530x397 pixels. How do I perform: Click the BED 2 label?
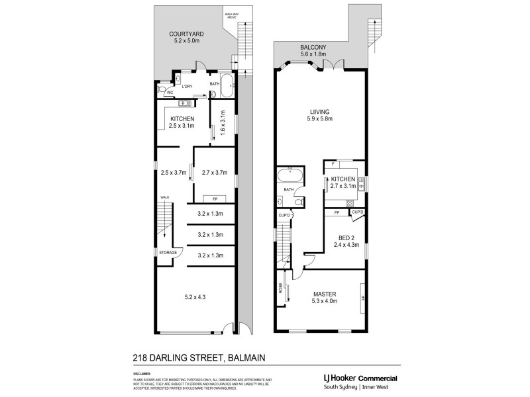[x=344, y=237]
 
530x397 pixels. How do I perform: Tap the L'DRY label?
[x=187, y=87]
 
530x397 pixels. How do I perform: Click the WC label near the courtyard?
[x=170, y=93]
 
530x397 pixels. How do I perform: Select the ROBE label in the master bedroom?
[x=281, y=289]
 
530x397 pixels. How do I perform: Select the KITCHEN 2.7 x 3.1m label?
[x=343, y=183]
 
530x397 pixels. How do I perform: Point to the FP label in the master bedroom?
[x=363, y=298]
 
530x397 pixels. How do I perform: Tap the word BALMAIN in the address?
[x=246, y=358]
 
